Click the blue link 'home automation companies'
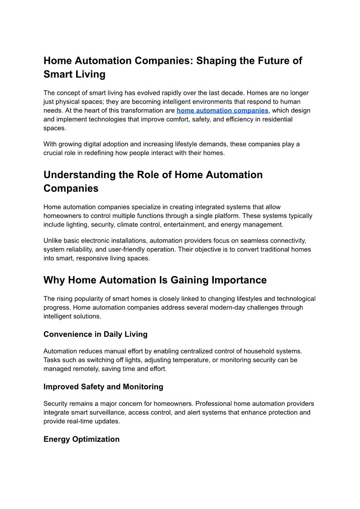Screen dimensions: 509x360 pos(222,111)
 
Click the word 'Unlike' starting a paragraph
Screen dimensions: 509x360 pos(53,241)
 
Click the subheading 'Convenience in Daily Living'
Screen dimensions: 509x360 pos(96,334)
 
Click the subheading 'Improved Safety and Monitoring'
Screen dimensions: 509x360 pos(103,387)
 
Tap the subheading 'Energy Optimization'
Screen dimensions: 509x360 pos(82,439)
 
